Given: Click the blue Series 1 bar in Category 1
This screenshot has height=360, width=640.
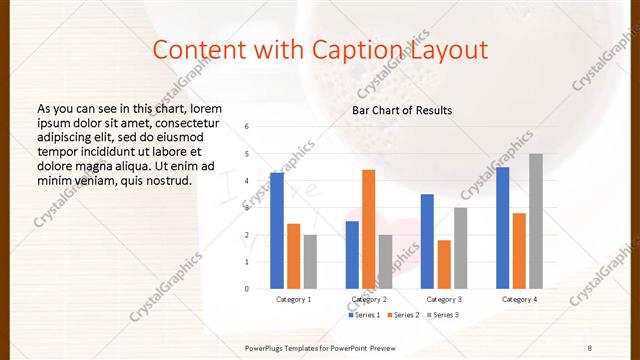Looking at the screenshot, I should [x=277, y=231].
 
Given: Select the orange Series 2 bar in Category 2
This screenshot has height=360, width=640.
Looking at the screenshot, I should [x=368, y=229].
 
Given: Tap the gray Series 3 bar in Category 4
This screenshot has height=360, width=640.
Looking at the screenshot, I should [x=536, y=221].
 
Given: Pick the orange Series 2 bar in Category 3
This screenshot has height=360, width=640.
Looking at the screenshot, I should [x=444, y=264].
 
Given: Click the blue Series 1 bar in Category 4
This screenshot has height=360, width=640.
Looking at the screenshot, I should [x=502, y=228].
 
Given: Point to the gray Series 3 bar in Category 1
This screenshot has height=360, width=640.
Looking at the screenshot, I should [x=310, y=262].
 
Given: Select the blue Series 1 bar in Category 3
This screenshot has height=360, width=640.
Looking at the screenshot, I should [x=427, y=241].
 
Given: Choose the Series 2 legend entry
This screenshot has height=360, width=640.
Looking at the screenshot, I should [x=402, y=315].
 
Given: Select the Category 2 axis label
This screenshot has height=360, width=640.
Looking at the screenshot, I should [x=369, y=299].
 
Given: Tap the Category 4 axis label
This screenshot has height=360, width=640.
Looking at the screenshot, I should [x=519, y=299].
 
